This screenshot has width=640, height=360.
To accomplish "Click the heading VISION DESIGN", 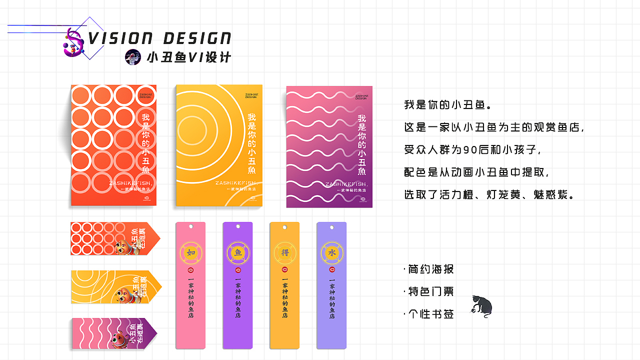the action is tap(159, 38).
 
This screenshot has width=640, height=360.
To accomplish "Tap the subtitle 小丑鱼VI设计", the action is tap(189, 57).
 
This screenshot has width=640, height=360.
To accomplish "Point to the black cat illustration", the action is tap(481, 306).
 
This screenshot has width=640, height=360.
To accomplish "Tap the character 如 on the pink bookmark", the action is tap(190, 253).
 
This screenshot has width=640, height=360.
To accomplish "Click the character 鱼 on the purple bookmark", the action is tap(237, 253).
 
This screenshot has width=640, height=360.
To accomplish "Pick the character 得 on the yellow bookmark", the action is tap(284, 253).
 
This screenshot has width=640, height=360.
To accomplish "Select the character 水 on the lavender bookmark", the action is tap(331, 253).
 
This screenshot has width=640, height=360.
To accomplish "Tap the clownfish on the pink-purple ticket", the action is tap(118, 340).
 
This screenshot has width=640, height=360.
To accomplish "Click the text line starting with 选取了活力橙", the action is tap(488, 194).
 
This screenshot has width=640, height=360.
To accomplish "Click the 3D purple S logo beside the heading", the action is tap(74, 42).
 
